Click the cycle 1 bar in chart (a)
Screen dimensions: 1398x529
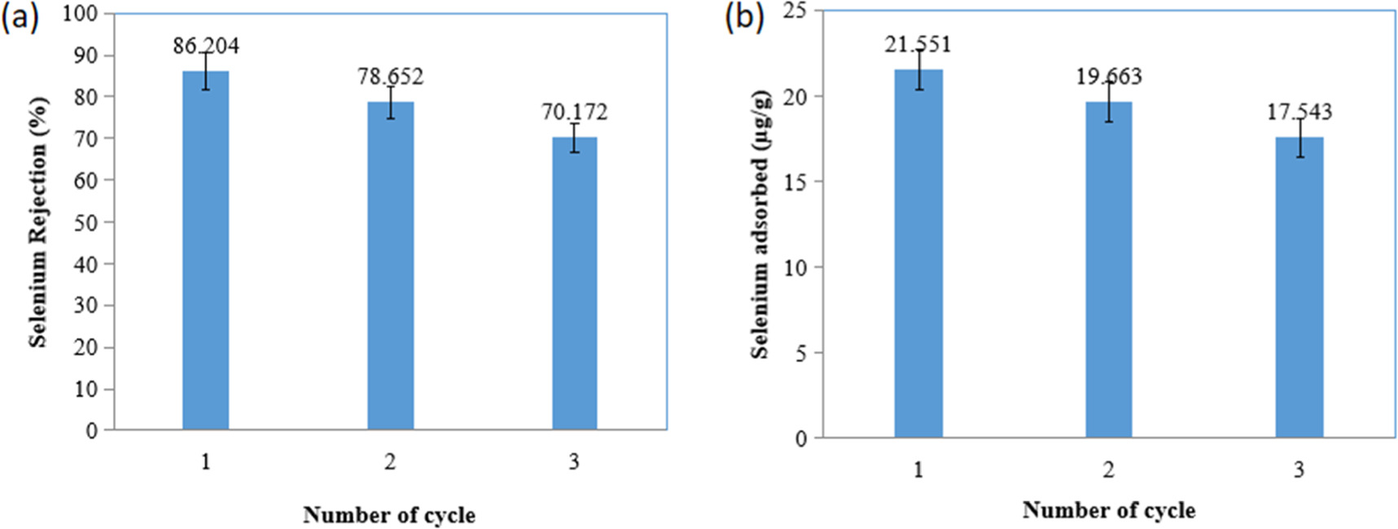(x=205, y=250)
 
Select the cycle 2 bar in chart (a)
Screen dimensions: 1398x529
(x=390, y=266)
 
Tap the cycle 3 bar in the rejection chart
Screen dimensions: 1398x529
(x=574, y=284)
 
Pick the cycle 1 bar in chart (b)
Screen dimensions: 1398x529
(x=918, y=253)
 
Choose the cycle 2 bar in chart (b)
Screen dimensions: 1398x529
(x=1108, y=270)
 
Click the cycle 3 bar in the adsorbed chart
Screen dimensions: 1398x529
(x=1299, y=288)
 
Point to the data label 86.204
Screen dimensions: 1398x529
(x=206, y=46)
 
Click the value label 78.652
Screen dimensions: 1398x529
(x=390, y=77)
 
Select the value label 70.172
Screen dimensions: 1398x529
(x=575, y=112)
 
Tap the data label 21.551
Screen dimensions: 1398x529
(x=918, y=44)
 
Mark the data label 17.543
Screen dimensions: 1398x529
(x=1299, y=112)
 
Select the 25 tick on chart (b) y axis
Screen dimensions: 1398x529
(x=795, y=11)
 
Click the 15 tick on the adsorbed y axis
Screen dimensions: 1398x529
(x=795, y=182)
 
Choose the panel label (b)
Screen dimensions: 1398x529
(x=744, y=16)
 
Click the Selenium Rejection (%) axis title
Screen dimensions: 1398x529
(x=38, y=223)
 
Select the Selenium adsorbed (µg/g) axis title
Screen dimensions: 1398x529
(x=760, y=224)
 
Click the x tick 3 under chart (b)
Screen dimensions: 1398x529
(x=1299, y=470)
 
